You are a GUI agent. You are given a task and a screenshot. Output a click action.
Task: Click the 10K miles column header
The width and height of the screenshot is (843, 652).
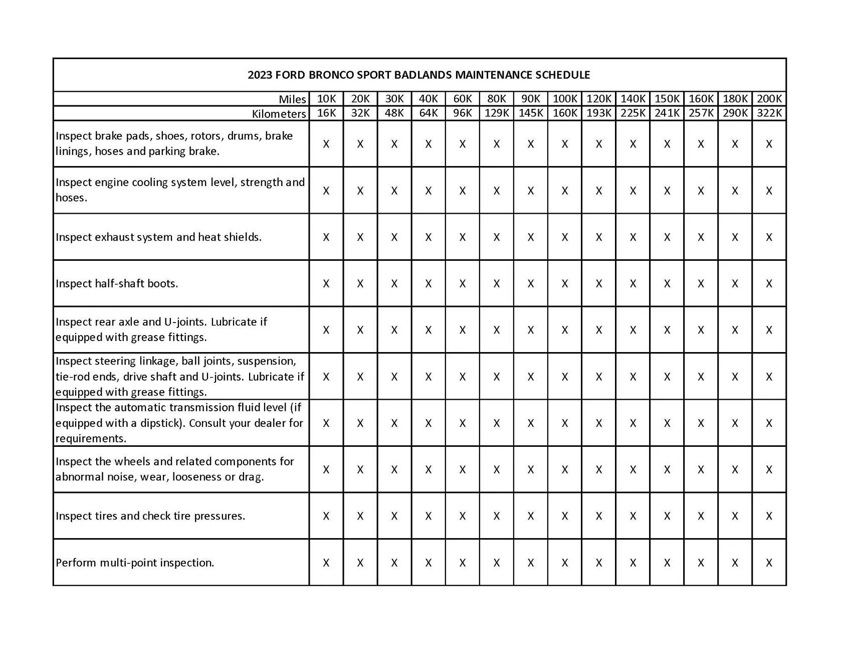tap(326, 99)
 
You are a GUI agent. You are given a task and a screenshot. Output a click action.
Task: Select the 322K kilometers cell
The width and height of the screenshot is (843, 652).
tap(769, 113)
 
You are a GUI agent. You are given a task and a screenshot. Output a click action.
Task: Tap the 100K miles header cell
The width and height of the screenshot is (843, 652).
tap(564, 99)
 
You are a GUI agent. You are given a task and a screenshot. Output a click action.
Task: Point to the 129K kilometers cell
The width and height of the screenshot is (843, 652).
tap(496, 113)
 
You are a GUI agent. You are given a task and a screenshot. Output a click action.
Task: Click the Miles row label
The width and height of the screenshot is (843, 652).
tap(292, 99)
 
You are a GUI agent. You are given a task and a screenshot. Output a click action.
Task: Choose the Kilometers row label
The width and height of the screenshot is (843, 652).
tap(279, 114)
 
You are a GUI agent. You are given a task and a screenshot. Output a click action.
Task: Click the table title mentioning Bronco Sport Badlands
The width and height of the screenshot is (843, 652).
tap(418, 75)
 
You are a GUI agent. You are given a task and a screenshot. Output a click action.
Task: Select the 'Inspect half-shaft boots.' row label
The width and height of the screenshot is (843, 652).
tap(117, 284)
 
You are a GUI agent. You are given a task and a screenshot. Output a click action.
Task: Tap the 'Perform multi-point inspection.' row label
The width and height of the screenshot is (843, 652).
tap(135, 563)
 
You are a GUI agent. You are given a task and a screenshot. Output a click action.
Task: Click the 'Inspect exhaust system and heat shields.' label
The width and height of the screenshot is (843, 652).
tap(158, 237)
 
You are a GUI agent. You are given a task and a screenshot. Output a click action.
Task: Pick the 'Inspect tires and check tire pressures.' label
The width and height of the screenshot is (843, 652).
tap(150, 516)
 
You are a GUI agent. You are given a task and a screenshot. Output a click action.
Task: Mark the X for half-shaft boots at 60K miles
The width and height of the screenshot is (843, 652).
tap(462, 284)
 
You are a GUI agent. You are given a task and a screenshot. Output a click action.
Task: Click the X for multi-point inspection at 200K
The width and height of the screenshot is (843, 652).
tap(769, 563)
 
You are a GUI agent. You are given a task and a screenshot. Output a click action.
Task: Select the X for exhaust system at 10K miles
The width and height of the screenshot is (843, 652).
tap(326, 237)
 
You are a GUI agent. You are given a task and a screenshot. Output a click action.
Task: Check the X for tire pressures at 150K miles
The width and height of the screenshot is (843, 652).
tap(667, 516)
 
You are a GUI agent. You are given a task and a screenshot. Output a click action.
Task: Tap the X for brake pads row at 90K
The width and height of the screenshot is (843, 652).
tap(530, 144)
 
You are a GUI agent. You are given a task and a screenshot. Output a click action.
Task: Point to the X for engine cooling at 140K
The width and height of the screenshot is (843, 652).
tap(633, 191)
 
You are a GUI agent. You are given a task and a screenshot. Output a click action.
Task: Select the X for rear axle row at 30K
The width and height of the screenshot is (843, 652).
tap(394, 330)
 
